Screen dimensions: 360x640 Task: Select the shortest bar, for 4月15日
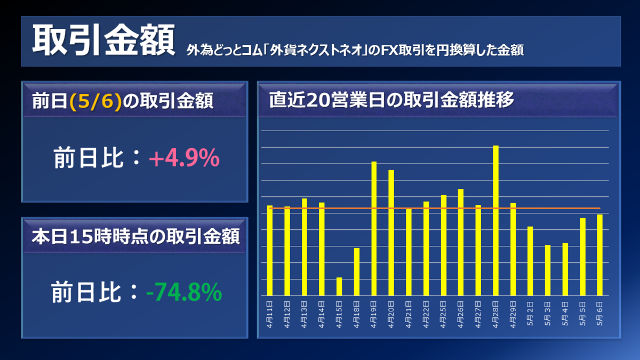339,286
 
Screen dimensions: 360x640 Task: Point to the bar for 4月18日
357,271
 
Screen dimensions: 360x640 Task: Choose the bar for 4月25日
444,245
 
